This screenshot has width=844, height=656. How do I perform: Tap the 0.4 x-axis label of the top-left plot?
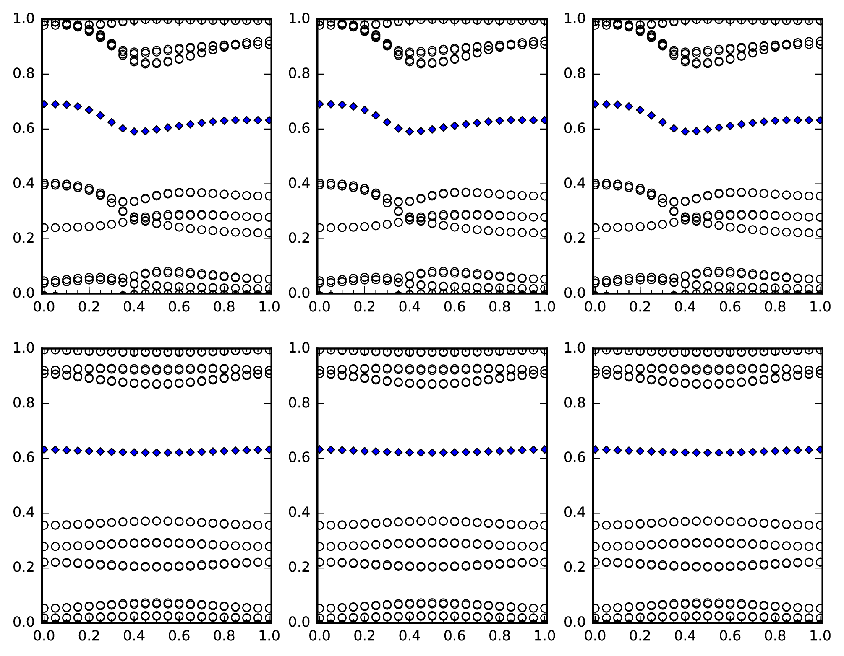coord(134,307)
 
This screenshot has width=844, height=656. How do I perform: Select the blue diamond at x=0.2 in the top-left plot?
coord(89,110)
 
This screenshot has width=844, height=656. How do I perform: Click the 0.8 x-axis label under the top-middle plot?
coord(500,307)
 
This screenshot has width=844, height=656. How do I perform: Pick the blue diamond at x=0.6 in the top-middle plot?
coord(455,126)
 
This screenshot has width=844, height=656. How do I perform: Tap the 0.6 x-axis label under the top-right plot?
coord(730,307)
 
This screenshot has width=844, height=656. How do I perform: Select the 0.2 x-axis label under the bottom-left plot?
coord(88,636)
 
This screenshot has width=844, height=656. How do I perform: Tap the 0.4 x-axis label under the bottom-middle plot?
coord(409,636)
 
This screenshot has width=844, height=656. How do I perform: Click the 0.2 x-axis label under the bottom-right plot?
coord(639,636)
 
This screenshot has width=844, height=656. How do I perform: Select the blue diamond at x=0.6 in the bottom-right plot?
coord(730,452)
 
